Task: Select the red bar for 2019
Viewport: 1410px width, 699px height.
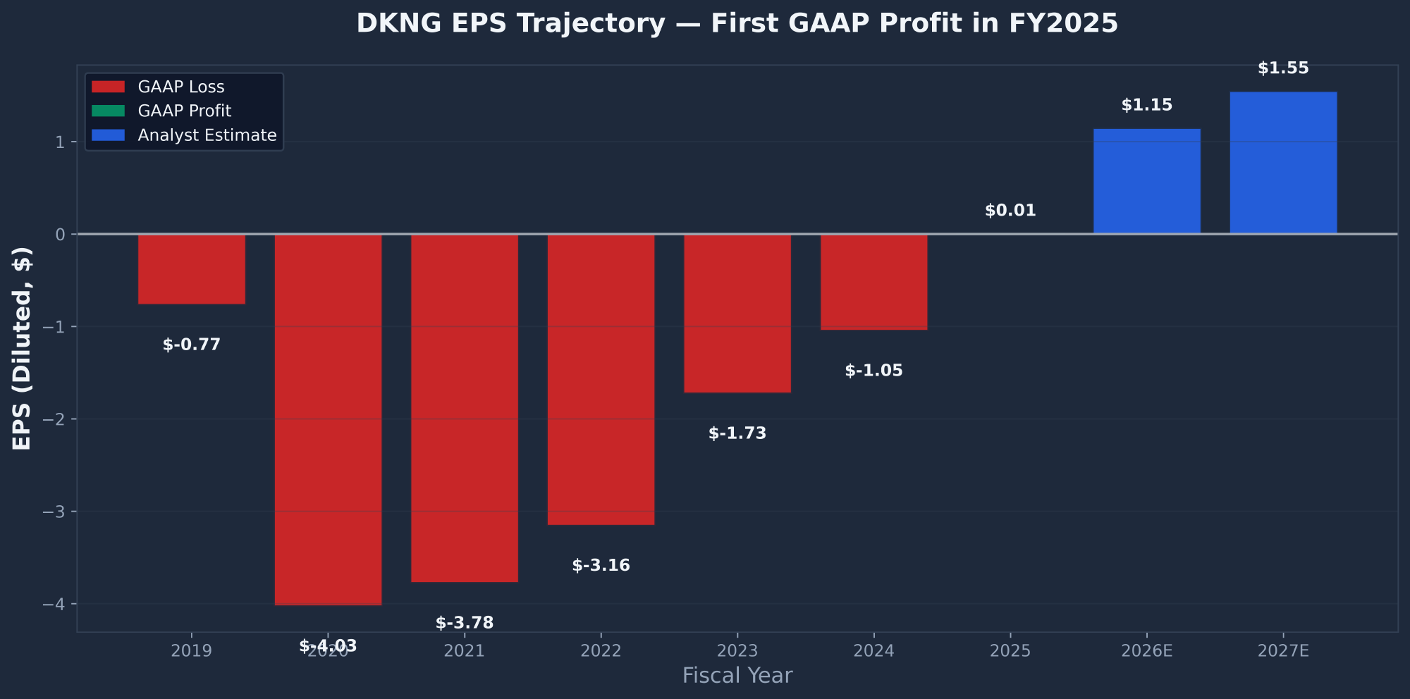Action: [191, 268]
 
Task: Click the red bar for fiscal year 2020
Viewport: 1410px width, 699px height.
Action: [328, 419]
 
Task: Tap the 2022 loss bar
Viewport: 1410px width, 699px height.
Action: [601, 379]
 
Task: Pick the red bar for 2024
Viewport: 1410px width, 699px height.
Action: [873, 282]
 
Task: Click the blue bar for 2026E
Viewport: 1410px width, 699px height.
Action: [1146, 181]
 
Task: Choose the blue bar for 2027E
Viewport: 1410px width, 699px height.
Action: [1283, 163]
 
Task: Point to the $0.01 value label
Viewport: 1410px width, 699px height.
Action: [1010, 211]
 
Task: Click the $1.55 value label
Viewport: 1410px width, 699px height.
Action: [1283, 68]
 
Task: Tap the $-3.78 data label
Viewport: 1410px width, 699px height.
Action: [464, 623]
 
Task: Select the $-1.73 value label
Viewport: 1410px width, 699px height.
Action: [737, 433]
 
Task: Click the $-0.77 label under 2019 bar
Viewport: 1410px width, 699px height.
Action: [191, 345]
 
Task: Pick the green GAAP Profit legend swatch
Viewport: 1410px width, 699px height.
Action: [108, 111]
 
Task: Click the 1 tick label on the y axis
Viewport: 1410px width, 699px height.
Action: [60, 142]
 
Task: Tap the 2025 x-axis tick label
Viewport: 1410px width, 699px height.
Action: [1010, 651]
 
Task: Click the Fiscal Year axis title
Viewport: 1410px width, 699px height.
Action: [737, 676]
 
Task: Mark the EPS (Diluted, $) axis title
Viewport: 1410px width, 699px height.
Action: [22, 349]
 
